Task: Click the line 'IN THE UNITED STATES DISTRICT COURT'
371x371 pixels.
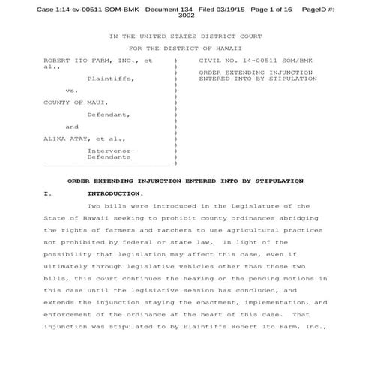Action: point(185,36)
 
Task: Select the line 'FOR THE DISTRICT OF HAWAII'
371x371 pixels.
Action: point(185,48)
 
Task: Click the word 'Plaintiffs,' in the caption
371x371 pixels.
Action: point(112,78)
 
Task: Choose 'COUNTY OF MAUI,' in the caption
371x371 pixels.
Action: point(75,102)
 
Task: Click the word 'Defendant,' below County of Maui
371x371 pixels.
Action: point(109,115)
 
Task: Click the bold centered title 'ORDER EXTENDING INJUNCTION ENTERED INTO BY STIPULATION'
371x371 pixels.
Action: point(185,181)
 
